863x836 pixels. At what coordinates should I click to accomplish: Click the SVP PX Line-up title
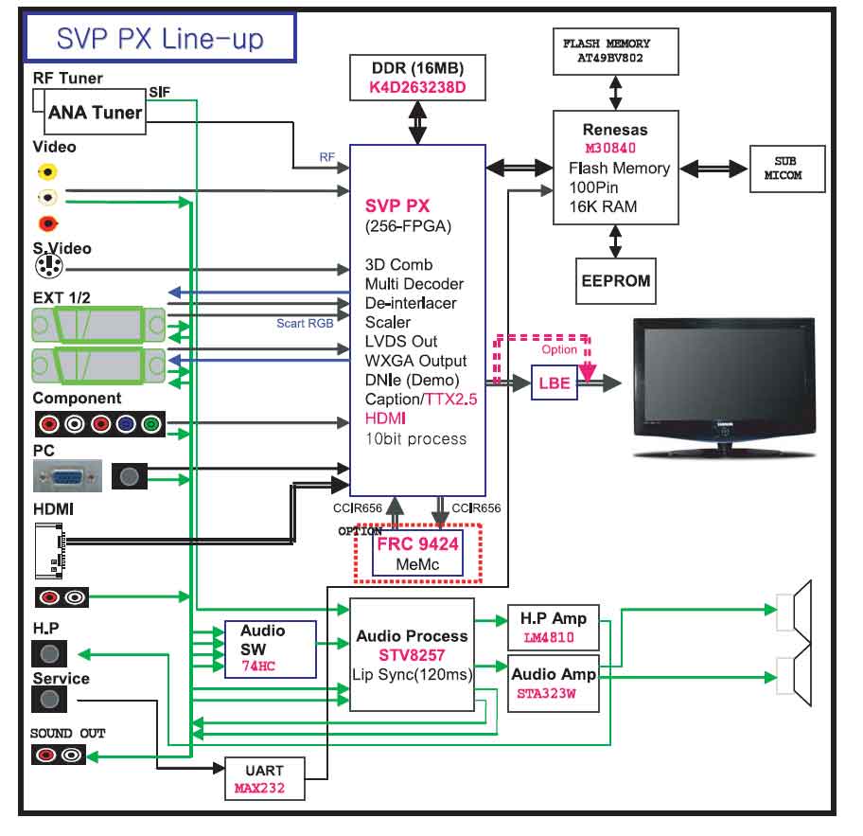point(160,38)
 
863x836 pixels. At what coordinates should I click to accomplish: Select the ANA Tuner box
point(95,113)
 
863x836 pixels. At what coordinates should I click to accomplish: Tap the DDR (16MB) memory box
point(417,79)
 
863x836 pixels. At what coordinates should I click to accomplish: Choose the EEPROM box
point(615,281)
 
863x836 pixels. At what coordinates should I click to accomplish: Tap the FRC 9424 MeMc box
point(418,554)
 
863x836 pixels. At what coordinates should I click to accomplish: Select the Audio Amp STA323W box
point(554,683)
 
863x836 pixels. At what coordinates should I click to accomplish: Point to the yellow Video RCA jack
point(46,171)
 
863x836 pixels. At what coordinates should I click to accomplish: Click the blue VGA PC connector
point(67,476)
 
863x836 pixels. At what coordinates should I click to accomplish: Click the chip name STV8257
point(413,654)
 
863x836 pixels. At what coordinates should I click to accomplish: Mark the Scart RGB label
point(304,323)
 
